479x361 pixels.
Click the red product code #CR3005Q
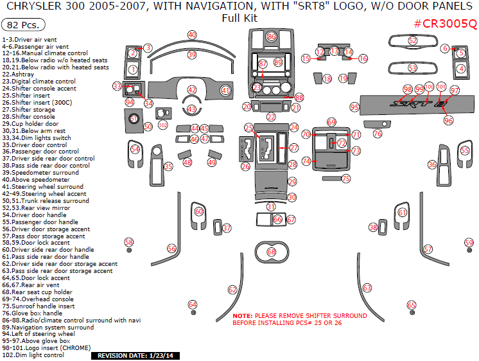point(445,24)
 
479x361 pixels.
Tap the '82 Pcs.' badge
point(24,25)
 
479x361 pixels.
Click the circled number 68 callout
point(272,252)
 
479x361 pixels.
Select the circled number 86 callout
point(272,37)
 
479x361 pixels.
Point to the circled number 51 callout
point(134,118)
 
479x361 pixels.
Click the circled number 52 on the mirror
point(413,40)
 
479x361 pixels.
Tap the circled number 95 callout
point(354,107)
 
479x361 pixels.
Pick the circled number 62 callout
point(232,290)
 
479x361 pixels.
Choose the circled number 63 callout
point(367,288)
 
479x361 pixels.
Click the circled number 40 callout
point(192,34)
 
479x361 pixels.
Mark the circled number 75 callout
point(346,179)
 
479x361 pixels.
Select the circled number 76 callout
point(378,134)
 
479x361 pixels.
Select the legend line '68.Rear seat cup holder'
point(46,292)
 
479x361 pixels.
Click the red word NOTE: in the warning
point(243,316)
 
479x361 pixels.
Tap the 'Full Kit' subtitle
point(239,18)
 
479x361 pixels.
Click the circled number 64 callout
point(192,304)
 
